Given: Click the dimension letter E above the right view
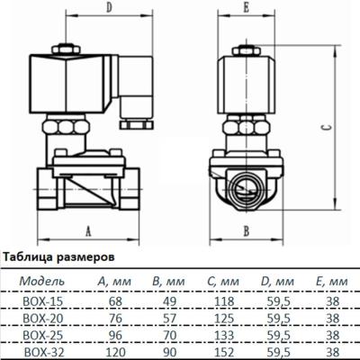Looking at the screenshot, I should point(246,11).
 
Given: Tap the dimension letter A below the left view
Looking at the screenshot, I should point(89,230).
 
